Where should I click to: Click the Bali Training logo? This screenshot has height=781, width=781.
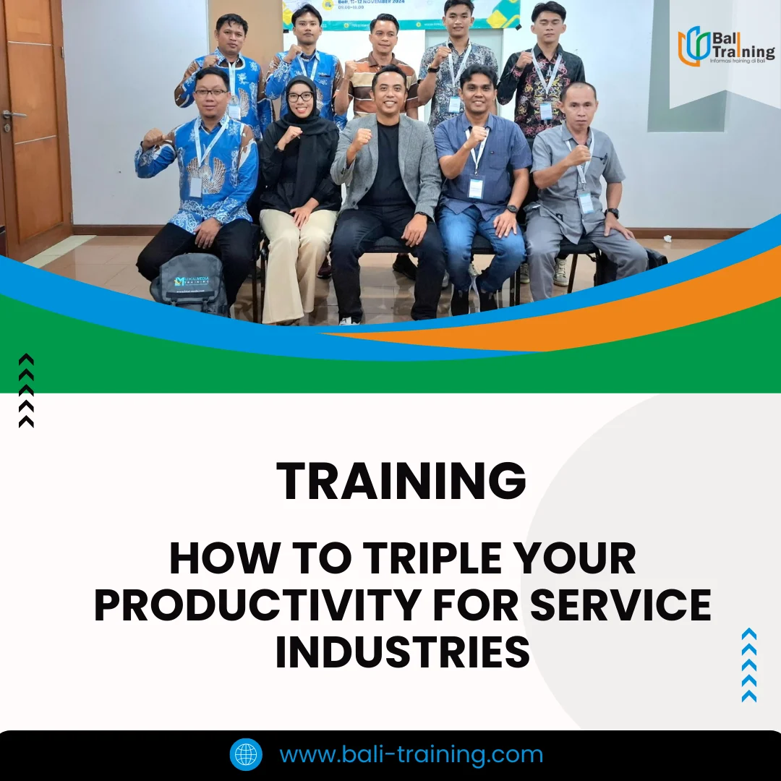click(x=725, y=46)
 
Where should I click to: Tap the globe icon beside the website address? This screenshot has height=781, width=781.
click(x=246, y=755)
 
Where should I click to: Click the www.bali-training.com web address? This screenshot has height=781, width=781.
click(x=411, y=755)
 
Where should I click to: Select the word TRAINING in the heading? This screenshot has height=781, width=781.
click(x=401, y=481)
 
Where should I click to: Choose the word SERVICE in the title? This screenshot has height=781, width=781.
click(x=620, y=605)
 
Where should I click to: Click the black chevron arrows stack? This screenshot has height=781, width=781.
click(x=26, y=390)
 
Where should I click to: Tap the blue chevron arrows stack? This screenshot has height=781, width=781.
click(x=749, y=665)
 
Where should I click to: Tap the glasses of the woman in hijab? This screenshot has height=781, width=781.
click(x=300, y=96)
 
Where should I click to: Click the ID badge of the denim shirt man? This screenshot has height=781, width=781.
click(x=475, y=188)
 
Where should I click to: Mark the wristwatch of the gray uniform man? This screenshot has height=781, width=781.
click(x=613, y=213)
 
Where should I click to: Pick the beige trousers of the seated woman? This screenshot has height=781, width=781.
click(x=293, y=260)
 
